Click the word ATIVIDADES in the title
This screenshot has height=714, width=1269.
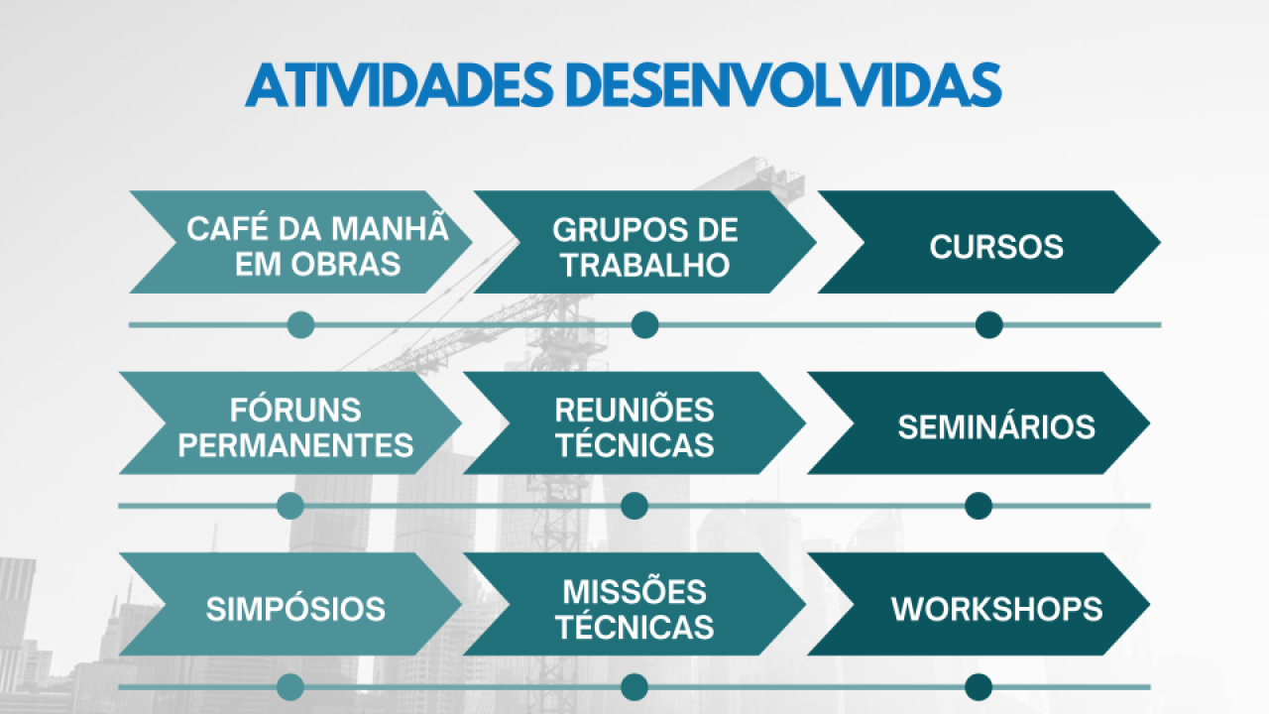click(400, 85)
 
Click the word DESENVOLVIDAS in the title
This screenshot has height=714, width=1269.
click(783, 85)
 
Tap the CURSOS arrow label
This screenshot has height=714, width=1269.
click(996, 247)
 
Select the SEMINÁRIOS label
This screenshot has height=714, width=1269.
click(996, 426)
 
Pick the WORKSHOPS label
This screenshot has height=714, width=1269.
click(996, 609)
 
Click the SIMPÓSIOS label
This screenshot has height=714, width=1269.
click(295, 609)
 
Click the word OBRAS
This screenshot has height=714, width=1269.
click(346, 264)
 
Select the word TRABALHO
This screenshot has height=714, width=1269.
click(645, 265)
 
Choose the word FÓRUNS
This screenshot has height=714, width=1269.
click(295, 409)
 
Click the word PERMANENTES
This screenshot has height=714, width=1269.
click(295, 445)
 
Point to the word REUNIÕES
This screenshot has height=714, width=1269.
click(634, 409)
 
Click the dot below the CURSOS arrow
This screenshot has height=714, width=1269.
click(989, 325)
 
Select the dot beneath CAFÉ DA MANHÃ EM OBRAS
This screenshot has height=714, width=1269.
click(300, 325)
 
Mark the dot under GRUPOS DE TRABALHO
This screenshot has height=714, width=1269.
click(644, 325)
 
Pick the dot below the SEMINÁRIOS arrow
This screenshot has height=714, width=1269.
click(979, 506)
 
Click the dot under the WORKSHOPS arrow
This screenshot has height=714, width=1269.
click(979, 687)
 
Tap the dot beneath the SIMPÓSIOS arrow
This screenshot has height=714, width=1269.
click(290, 687)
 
